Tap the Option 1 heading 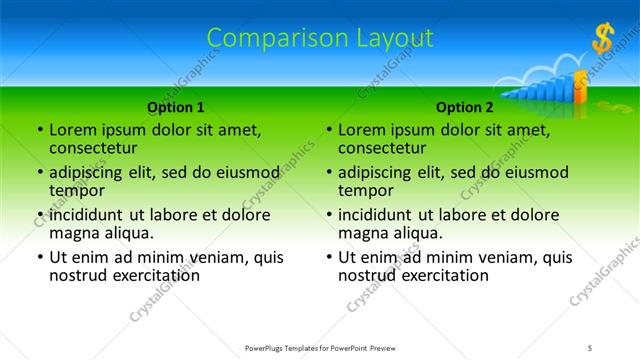pos(176,107)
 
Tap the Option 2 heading pos(465,107)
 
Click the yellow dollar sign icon pos(602,39)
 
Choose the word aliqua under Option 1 pos(128,233)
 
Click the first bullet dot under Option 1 pos(40,131)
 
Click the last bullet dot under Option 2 pos(329,257)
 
